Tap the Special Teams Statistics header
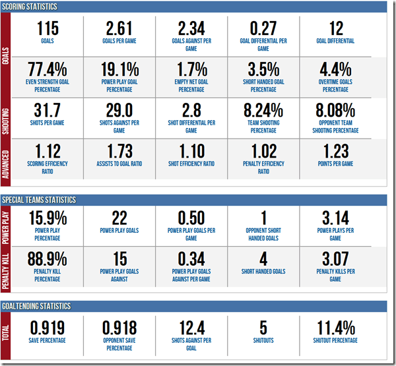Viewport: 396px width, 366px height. point(40,200)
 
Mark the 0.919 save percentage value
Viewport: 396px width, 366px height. point(48,326)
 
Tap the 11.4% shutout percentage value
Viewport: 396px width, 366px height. point(335,326)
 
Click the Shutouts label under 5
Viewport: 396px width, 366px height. point(263,340)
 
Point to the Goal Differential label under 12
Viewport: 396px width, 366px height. point(335,41)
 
